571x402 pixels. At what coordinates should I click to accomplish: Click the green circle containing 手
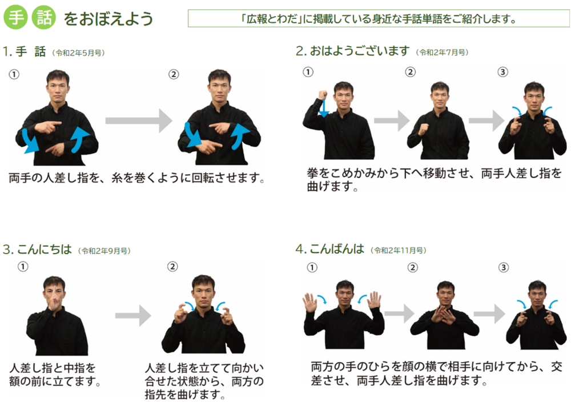(x=15, y=17)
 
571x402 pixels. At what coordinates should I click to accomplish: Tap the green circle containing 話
(x=44, y=17)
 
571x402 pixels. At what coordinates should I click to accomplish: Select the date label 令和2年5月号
(x=78, y=53)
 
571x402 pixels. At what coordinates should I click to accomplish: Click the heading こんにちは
(x=45, y=250)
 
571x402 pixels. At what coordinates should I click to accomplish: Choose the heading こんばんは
(x=337, y=249)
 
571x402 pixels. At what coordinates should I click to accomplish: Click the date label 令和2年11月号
(x=399, y=251)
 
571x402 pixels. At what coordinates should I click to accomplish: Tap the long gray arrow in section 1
(x=139, y=120)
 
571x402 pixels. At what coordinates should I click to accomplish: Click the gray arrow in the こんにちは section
(x=133, y=316)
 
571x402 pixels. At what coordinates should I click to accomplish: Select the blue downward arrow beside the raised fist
(x=323, y=108)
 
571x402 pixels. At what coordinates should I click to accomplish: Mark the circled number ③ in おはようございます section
(x=502, y=72)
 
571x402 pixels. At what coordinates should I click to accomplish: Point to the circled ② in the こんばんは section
(x=412, y=268)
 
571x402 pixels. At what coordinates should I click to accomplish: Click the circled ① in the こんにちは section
(x=23, y=267)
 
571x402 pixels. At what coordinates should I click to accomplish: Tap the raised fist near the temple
(x=323, y=95)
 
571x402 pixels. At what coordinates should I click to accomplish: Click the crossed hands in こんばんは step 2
(x=444, y=315)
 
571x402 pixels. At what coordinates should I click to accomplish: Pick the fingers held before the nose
(x=54, y=301)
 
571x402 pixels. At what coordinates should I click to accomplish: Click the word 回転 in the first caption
(x=203, y=178)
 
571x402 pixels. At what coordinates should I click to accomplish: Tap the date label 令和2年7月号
(x=442, y=53)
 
